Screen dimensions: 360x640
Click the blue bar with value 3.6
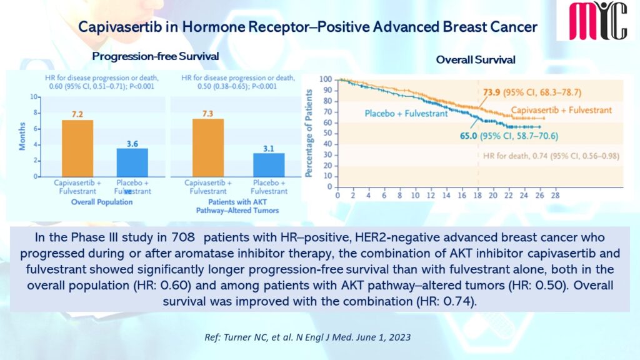coord(132,162)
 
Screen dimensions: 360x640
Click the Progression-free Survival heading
coord(156,56)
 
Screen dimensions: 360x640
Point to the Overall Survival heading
coord(466,60)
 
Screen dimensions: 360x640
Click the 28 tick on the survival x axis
coord(554,196)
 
